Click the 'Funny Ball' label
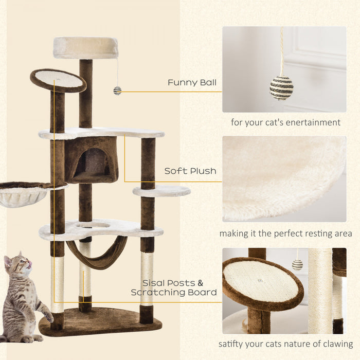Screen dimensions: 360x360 (192, 82)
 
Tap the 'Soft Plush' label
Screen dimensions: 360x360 (190, 171)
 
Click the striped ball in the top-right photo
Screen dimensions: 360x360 (281, 87)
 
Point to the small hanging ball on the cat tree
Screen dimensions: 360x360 (117, 91)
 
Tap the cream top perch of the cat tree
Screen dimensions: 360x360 (85, 47)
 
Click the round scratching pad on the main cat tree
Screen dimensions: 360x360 (58, 79)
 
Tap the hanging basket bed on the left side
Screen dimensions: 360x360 (23, 194)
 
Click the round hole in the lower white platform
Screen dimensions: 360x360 (93, 225)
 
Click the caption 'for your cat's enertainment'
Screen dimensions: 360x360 (285, 122)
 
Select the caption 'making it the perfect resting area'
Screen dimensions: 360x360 (285, 233)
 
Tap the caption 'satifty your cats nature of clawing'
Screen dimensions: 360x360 (285, 344)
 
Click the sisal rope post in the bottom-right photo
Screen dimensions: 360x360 (320, 291)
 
